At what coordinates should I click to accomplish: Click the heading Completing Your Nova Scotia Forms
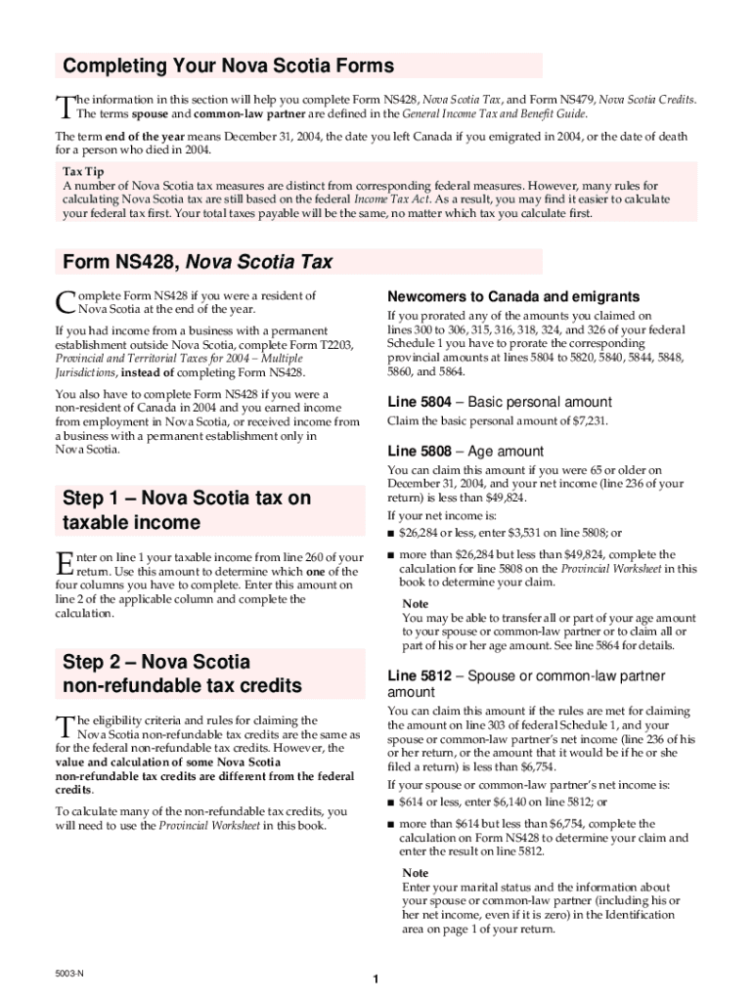click(x=228, y=66)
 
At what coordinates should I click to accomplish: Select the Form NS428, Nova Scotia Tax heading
click(x=198, y=262)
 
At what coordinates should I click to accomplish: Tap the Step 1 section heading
click(x=186, y=509)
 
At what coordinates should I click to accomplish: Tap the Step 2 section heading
click(x=182, y=674)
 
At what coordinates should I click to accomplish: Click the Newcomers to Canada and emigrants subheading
click(x=513, y=296)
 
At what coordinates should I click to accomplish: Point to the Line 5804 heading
click(x=500, y=402)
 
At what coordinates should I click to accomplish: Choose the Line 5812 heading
click(x=526, y=683)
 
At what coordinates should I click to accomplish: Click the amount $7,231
click(x=585, y=421)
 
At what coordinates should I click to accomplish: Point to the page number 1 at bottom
click(x=376, y=979)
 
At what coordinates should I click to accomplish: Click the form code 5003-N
click(x=69, y=974)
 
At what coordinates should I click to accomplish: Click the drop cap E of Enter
click(x=64, y=562)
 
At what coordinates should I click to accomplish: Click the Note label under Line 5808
click(x=416, y=604)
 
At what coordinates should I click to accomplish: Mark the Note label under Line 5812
click(x=416, y=873)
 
